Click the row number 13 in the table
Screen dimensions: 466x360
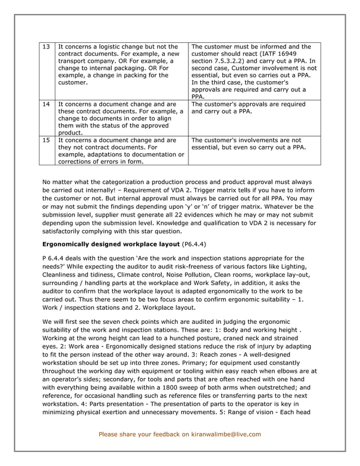47,47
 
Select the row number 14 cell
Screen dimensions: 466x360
47,104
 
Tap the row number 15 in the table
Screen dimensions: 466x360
47,140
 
